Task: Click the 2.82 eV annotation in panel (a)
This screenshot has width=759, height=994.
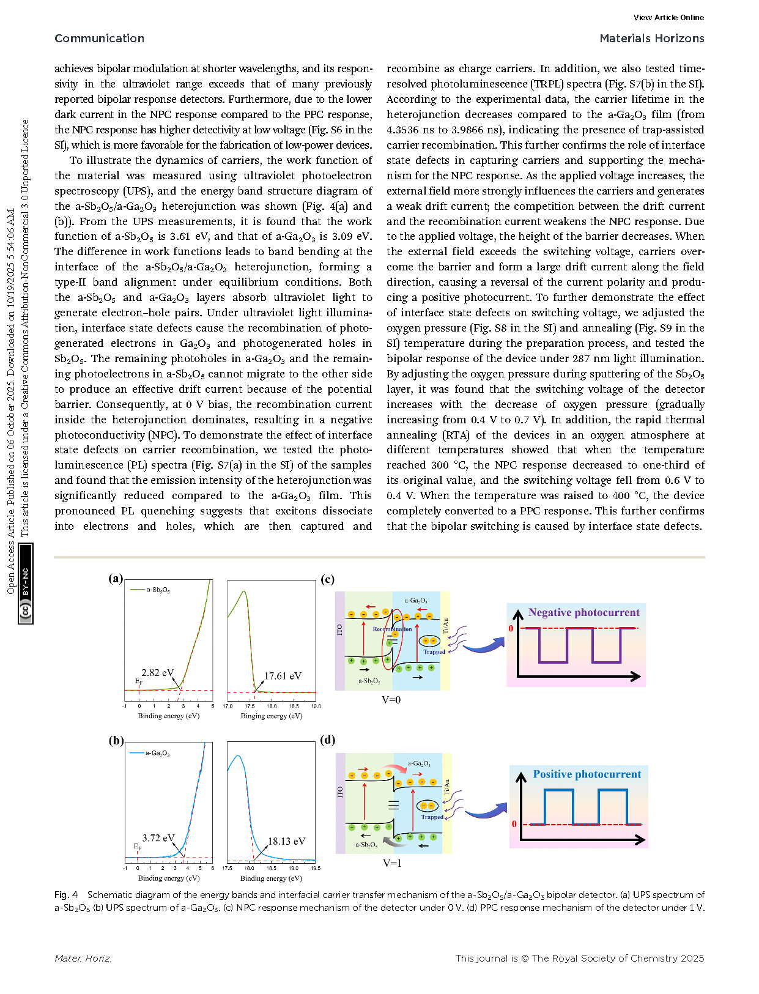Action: click(157, 673)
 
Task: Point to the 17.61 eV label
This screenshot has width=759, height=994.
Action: click(283, 676)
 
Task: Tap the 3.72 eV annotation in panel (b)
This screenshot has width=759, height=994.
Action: click(158, 838)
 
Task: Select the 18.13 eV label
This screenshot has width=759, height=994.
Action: click(286, 841)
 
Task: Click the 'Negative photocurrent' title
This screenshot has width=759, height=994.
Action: click(583, 612)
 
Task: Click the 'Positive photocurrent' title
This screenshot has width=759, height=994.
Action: click(587, 774)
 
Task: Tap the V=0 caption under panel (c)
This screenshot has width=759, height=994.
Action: click(391, 700)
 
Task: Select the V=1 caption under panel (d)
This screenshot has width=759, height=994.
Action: click(392, 863)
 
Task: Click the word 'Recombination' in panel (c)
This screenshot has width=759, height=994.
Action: click(392, 629)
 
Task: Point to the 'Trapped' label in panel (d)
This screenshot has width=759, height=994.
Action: click(432, 817)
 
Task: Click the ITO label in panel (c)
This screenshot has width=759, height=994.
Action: click(340, 629)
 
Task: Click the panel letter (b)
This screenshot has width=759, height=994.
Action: click(116, 740)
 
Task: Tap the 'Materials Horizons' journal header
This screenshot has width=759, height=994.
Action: click(651, 39)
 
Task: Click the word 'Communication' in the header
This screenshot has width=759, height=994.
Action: click(100, 39)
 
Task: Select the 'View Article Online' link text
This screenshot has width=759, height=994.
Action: click(668, 18)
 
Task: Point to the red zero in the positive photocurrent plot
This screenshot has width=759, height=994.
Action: click(514, 824)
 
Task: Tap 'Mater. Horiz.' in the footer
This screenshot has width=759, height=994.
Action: click(83, 959)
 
